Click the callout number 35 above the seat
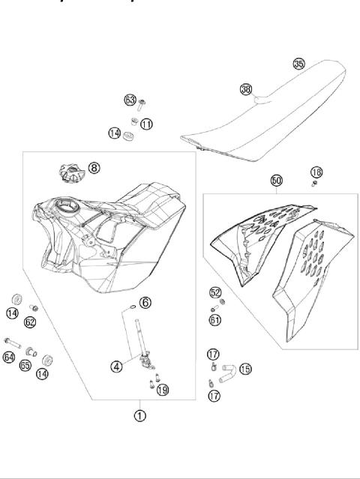[x=298, y=65]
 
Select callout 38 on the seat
[x=245, y=89]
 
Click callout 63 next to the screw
[x=130, y=99]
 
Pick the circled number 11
[x=146, y=123]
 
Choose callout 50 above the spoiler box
[x=277, y=181]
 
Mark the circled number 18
[x=316, y=173]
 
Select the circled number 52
[x=215, y=293]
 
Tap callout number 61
[x=215, y=319]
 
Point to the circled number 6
[x=145, y=302]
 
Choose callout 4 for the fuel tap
[x=117, y=367]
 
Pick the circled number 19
[x=163, y=389]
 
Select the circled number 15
[x=245, y=368]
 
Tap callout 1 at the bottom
[x=139, y=413]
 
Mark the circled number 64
[x=9, y=358]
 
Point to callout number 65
[x=25, y=366]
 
